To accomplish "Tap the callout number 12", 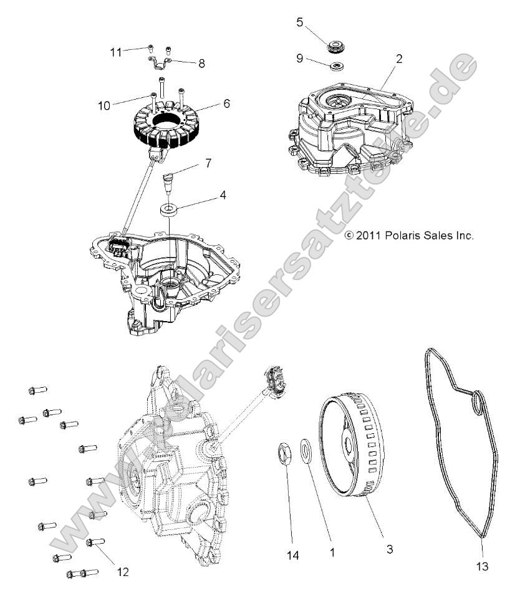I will point(123,571).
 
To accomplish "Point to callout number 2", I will point(399,59).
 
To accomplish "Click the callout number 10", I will point(104,105).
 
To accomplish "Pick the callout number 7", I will point(208,163).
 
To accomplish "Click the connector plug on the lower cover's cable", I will point(273,378).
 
